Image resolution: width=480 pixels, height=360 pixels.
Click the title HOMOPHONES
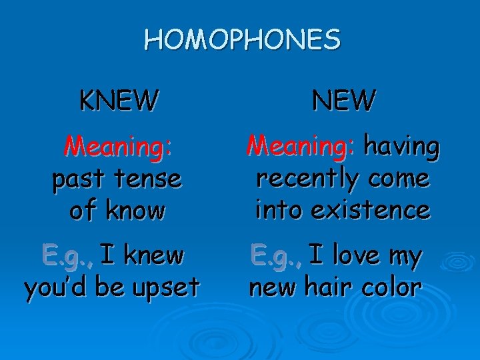pos(242,40)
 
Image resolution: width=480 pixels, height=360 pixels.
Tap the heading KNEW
pos(119,101)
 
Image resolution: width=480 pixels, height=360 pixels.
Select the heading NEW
pos(344,101)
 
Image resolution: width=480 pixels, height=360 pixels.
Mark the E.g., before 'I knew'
pos(68,255)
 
